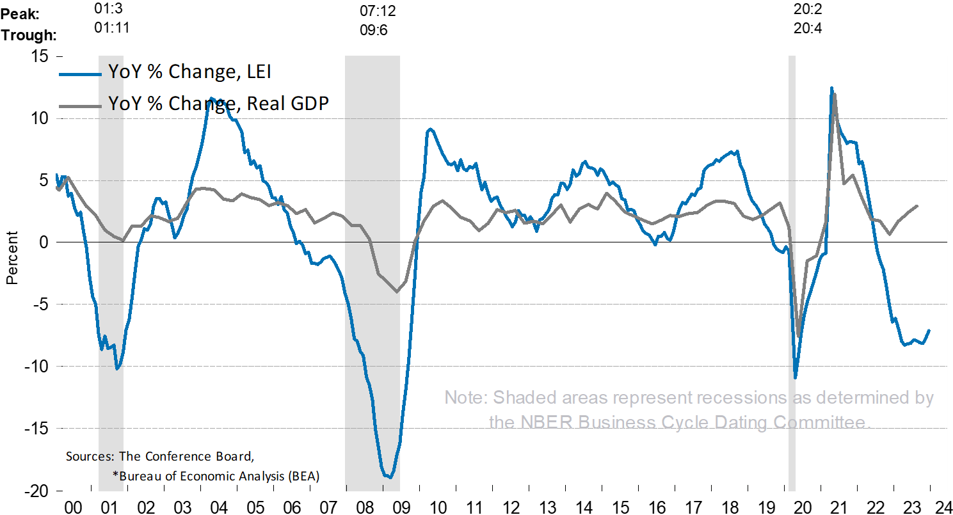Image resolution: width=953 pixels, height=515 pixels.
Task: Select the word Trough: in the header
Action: pyautogui.click(x=28, y=34)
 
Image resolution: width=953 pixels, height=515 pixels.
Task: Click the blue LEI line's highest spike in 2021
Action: pyautogui.click(x=831, y=88)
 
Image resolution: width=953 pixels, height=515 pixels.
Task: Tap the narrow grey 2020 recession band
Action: pyautogui.click(x=792, y=320)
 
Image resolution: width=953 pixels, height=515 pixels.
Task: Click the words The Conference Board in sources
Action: pyautogui.click(x=185, y=457)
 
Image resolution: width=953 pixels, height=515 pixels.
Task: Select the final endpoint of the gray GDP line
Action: pyautogui.click(x=918, y=206)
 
